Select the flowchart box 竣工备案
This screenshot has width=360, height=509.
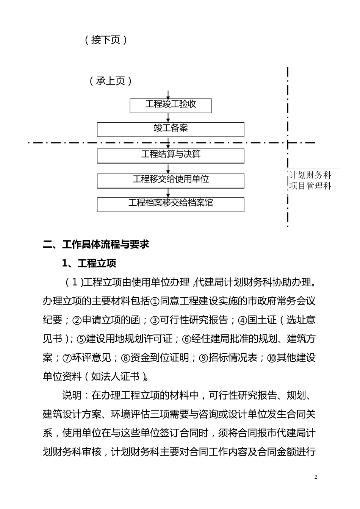(171, 129)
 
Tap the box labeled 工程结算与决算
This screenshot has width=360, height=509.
(171, 155)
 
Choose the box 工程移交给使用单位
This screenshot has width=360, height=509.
(171, 180)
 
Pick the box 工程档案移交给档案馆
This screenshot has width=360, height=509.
(171, 204)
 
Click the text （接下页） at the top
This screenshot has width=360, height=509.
(106, 40)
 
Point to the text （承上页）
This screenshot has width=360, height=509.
(111, 81)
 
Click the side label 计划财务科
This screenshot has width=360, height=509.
(310, 175)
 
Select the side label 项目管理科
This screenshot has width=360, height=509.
(310, 186)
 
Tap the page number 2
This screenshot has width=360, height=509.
(316, 477)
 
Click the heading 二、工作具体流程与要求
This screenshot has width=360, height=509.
(96, 244)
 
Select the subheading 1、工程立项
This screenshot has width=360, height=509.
(89, 263)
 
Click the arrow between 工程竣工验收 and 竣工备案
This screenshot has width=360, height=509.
(168, 118)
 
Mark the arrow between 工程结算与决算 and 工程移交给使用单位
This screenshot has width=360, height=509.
(168, 169)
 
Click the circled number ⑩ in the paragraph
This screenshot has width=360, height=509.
(272, 358)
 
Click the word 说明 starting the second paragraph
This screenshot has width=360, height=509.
(72, 395)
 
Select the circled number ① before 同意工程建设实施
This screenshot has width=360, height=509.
(155, 301)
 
